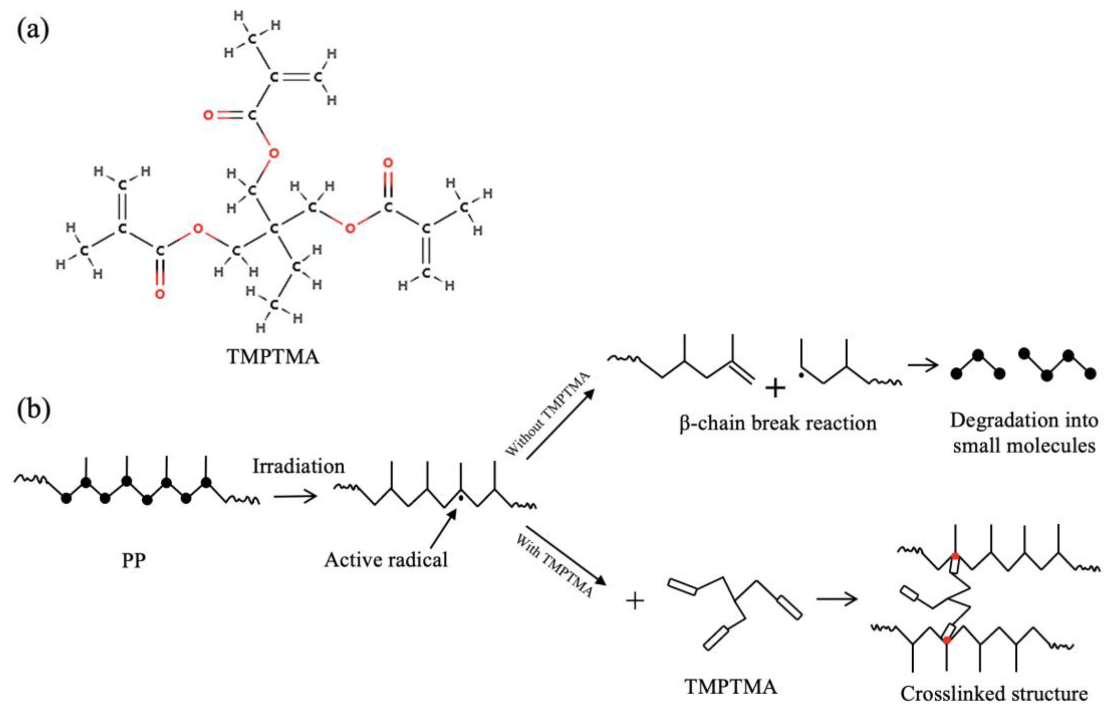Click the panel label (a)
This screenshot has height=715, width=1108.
tap(33, 31)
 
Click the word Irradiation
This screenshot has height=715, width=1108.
tap(298, 466)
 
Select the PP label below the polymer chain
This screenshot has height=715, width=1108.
tap(133, 561)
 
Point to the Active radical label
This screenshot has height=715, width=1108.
tap(386, 560)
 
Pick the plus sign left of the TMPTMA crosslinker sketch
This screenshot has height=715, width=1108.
tap(635, 602)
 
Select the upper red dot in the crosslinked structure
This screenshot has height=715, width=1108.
tap(955, 556)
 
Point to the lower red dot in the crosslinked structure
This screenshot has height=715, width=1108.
tap(947, 640)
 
